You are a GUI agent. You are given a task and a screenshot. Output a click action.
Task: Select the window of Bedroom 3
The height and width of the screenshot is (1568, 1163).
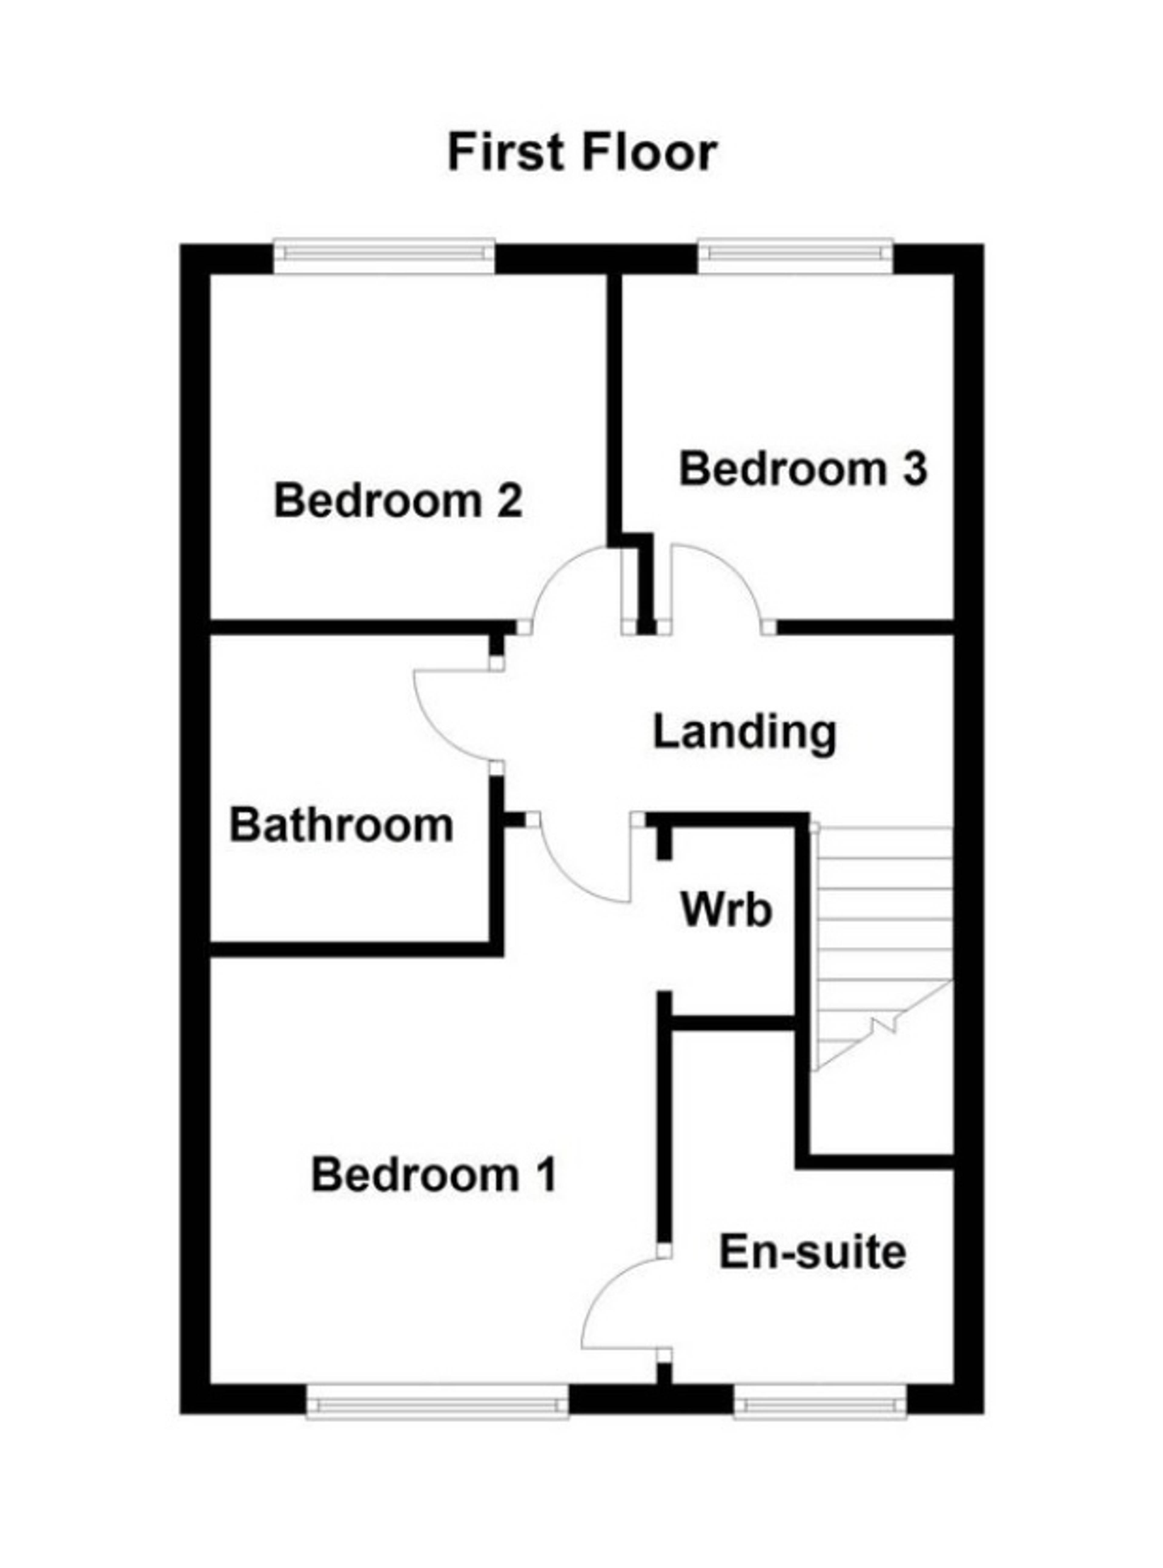[x=796, y=258]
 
